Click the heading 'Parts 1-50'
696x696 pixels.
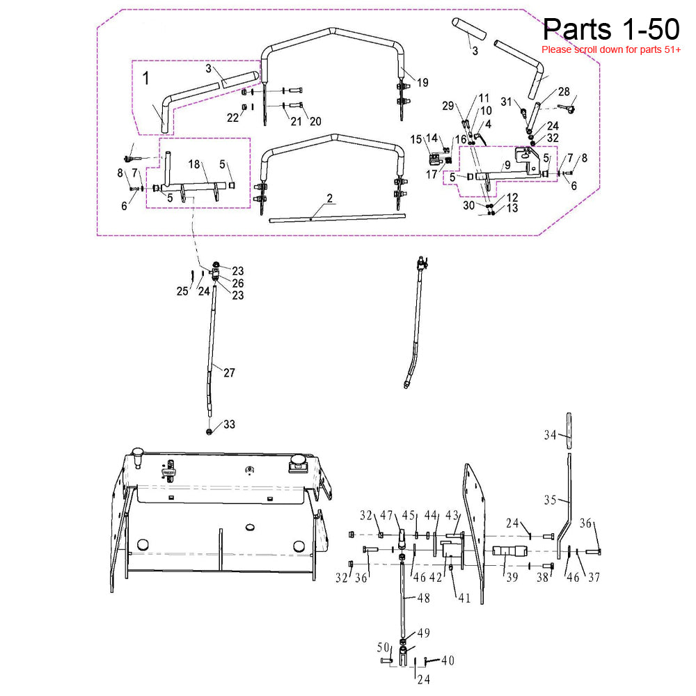tap(610, 29)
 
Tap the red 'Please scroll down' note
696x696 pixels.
tap(610, 50)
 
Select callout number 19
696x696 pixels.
tap(422, 83)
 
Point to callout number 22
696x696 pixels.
tap(232, 118)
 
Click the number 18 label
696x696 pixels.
tap(194, 164)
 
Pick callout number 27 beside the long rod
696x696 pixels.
tap(229, 372)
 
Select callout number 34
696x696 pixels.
tap(551, 435)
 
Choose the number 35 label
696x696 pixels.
tap(551, 500)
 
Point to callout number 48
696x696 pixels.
tap(424, 598)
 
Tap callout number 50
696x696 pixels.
tap(383, 648)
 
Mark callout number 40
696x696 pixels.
tap(448, 660)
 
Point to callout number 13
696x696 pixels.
tap(512, 208)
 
